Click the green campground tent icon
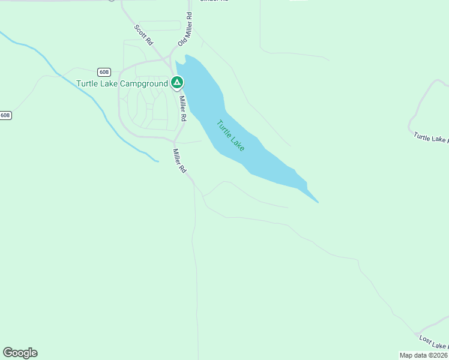pos(176,82)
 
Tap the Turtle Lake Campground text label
pos(122,83)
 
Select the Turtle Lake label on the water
pos(231,136)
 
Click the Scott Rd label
pos(144,36)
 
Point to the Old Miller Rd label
pos(185,30)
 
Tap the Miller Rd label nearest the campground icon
pos(182,108)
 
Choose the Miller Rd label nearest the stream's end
pos(179,161)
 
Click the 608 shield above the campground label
pos(104,71)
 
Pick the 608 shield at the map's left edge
pos(5,115)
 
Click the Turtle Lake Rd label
pos(431,137)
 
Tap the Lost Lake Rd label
pos(433,342)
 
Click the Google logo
pos(20,353)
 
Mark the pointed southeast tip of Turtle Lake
pos(318,202)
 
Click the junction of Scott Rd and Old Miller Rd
pos(169,61)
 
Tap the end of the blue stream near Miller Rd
pos(158,161)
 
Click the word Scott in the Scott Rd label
pos(140,31)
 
